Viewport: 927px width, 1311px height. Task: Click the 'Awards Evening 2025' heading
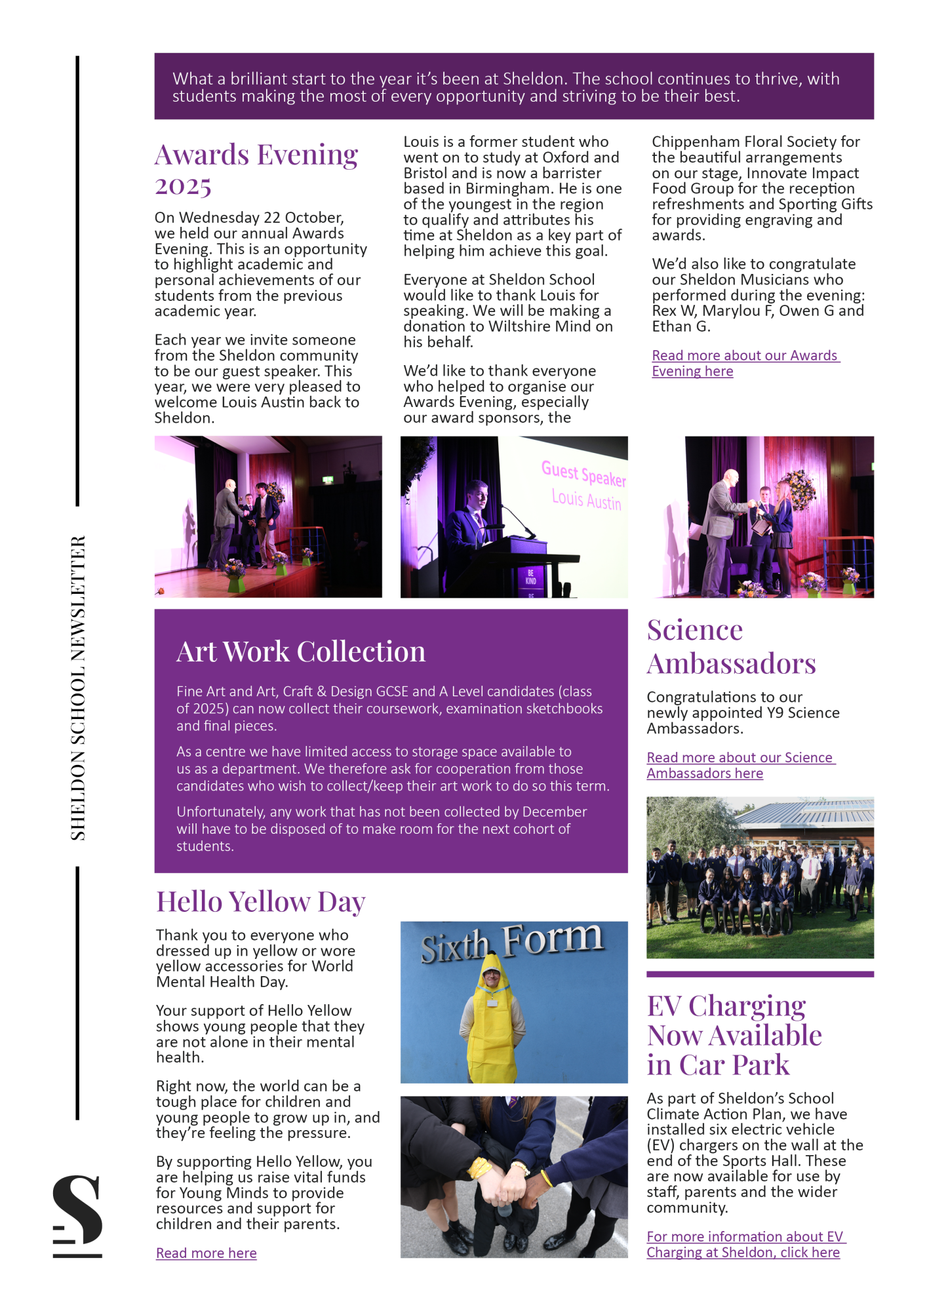[x=256, y=169]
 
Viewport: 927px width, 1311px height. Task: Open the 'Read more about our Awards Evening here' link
[x=745, y=363]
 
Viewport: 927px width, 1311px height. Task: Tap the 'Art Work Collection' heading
[x=301, y=652]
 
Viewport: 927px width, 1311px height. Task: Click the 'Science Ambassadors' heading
[x=731, y=646]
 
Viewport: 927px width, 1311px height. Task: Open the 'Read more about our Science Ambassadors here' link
[x=740, y=766]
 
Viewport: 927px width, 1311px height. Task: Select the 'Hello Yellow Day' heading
[x=260, y=902]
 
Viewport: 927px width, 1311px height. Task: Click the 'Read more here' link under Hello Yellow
[x=206, y=1253]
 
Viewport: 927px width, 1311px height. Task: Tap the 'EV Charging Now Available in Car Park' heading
[x=734, y=1036]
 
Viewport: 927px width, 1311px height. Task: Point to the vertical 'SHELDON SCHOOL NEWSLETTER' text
[x=78, y=688]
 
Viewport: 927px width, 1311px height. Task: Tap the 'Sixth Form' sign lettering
[x=512, y=942]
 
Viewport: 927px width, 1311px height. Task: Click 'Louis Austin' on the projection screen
[x=586, y=500]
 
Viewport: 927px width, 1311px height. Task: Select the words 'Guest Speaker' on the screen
[x=583, y=473]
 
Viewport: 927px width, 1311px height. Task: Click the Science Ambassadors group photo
[x=760, y=877]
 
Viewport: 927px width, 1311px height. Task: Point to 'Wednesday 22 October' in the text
[x=262, y=218]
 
